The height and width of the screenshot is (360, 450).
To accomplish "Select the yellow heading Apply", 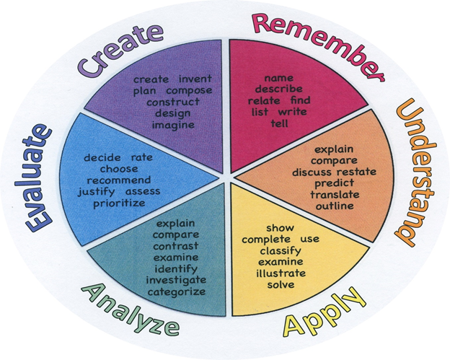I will coord(319,314).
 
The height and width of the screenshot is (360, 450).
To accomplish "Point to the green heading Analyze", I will coord(131,309).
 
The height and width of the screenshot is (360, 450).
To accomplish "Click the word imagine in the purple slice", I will coord(173,126).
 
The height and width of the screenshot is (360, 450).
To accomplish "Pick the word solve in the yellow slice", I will coord(280,285).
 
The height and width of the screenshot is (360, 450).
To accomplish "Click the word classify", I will coord(280,250).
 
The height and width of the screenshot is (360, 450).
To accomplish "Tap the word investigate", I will coord(176,280).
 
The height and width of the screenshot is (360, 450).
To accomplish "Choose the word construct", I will coord(173,102).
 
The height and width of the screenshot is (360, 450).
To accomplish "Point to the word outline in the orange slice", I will coord(335,206).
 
